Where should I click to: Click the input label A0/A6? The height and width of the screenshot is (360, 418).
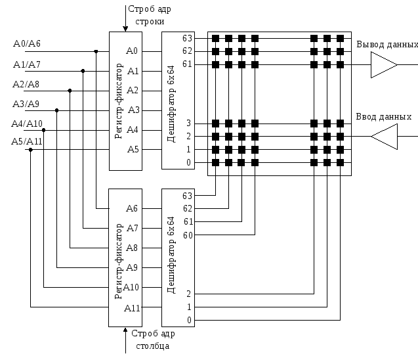click(27, 43)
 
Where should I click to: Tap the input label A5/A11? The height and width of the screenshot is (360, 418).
click(27, 141)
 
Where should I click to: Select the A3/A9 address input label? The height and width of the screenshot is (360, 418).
click(26, 104)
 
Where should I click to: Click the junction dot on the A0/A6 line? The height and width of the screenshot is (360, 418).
click(96, 51)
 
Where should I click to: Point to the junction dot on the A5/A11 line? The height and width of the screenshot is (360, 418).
click(31, 150)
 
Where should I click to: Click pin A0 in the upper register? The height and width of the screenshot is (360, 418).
click(132, 51)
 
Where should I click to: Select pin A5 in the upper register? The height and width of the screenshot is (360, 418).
click(133, 149)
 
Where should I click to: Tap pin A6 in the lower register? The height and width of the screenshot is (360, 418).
click(132, 208)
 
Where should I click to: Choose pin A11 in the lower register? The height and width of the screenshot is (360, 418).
click(132, 308)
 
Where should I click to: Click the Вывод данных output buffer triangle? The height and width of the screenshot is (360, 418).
click(384, 64)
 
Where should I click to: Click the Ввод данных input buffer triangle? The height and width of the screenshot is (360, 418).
click(384, 137)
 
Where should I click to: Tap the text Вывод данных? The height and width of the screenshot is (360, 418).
click(387, 44)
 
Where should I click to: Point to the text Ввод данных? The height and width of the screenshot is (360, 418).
click(384, 117)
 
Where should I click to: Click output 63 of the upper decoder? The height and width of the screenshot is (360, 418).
click(187, 38)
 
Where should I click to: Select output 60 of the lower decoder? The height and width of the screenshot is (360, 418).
click(188, 235)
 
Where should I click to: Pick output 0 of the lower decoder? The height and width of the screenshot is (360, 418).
click(189, 320)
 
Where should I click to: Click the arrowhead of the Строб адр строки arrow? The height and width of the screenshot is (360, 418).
click(125, 29)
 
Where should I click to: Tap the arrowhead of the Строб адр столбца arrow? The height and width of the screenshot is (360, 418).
click(125, 330)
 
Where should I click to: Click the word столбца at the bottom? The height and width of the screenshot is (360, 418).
click(152, 346)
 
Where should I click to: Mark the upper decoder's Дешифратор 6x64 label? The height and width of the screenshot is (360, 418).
click(171, 104)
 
